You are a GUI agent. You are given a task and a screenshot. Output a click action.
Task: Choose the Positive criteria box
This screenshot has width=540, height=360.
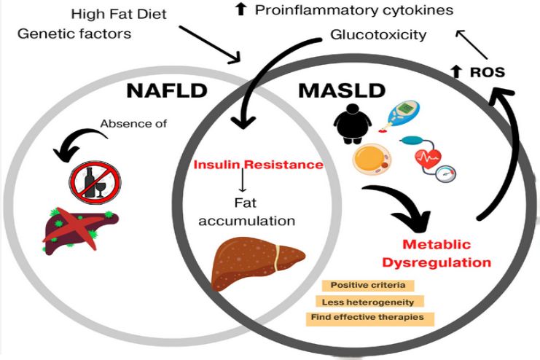(x=363, y=285)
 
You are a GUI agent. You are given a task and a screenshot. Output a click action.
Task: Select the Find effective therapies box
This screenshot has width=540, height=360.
(x=372, y=318)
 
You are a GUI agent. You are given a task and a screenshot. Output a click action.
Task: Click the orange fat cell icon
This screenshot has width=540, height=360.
(x=371, y=161)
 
